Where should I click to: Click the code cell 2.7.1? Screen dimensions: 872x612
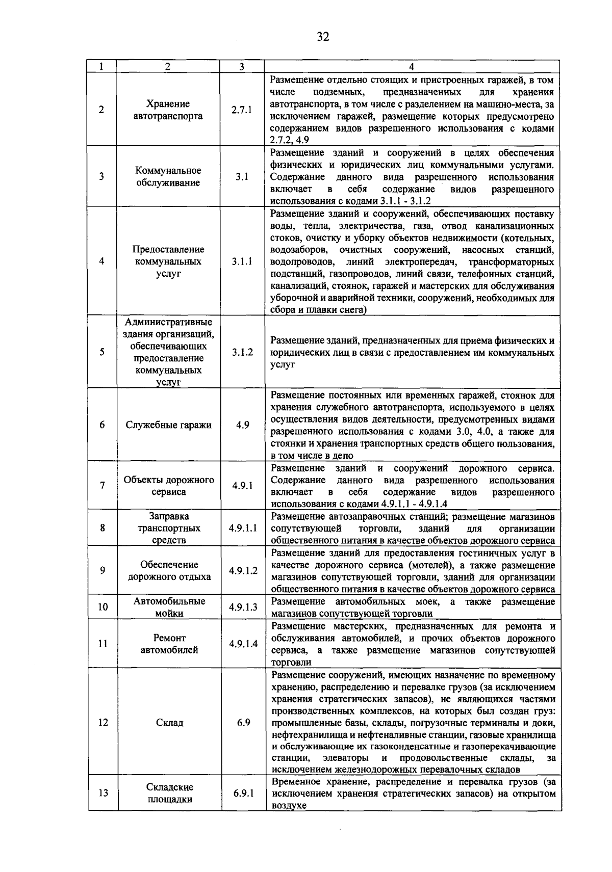coord(242,110)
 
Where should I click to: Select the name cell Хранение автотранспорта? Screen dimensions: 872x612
coord(168,110)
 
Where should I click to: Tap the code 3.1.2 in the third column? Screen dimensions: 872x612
coord(242,352)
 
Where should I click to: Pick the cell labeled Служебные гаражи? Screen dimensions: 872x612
coord(168,425)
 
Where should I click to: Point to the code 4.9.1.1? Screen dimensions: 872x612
coord(243,528)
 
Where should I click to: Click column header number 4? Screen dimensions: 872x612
coord(412,67)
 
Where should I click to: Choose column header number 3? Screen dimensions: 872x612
coord(242,67)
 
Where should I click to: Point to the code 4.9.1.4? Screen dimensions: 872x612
coord(243,644)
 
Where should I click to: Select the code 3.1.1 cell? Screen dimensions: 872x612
coord(242,261)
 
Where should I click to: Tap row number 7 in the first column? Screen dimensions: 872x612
coord(103,486)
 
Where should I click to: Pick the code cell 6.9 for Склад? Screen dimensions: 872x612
coord(243,723)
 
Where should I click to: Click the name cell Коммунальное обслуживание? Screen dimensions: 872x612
coord(168,176)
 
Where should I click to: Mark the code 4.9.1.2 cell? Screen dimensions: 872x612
coord(243,571)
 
